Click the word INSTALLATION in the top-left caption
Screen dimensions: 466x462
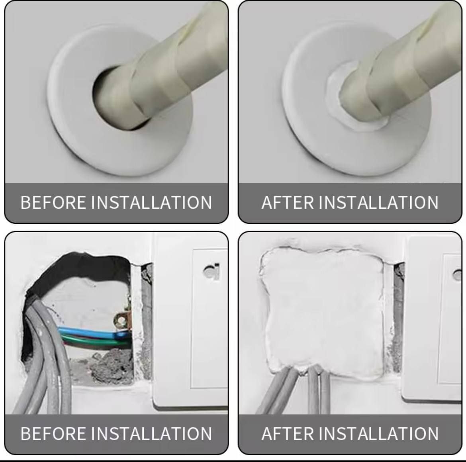[x=151, y=202]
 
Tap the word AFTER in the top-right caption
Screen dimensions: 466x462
[x=288, y=202]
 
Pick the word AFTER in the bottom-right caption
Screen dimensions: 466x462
[x=288, y=433]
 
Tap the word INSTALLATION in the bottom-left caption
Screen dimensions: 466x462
[x=151, y=433]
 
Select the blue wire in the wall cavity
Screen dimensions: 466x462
[x=92, y=333]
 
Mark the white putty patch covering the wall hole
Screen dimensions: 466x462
[x=323, y=312]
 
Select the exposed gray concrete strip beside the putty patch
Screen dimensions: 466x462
[x=398, y=318]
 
